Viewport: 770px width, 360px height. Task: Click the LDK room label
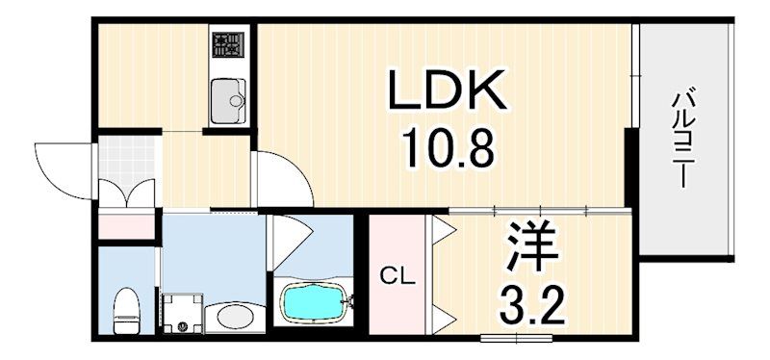pyautogui.click(x=447, y=94)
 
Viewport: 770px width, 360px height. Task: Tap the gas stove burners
pyautogui.click(x=229, y=43)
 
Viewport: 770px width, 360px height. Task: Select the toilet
pyautogui.click(x=125, y=307)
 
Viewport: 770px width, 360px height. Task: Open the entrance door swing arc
pyautogui.click(x=65, y=166)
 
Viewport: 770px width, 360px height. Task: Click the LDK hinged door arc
pyautogui.click(x=281, y=177)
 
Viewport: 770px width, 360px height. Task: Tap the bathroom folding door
pyautogui.click(x=287, y=236)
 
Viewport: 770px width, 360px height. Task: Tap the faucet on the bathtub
pyautogui.click(x=351, y=302)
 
